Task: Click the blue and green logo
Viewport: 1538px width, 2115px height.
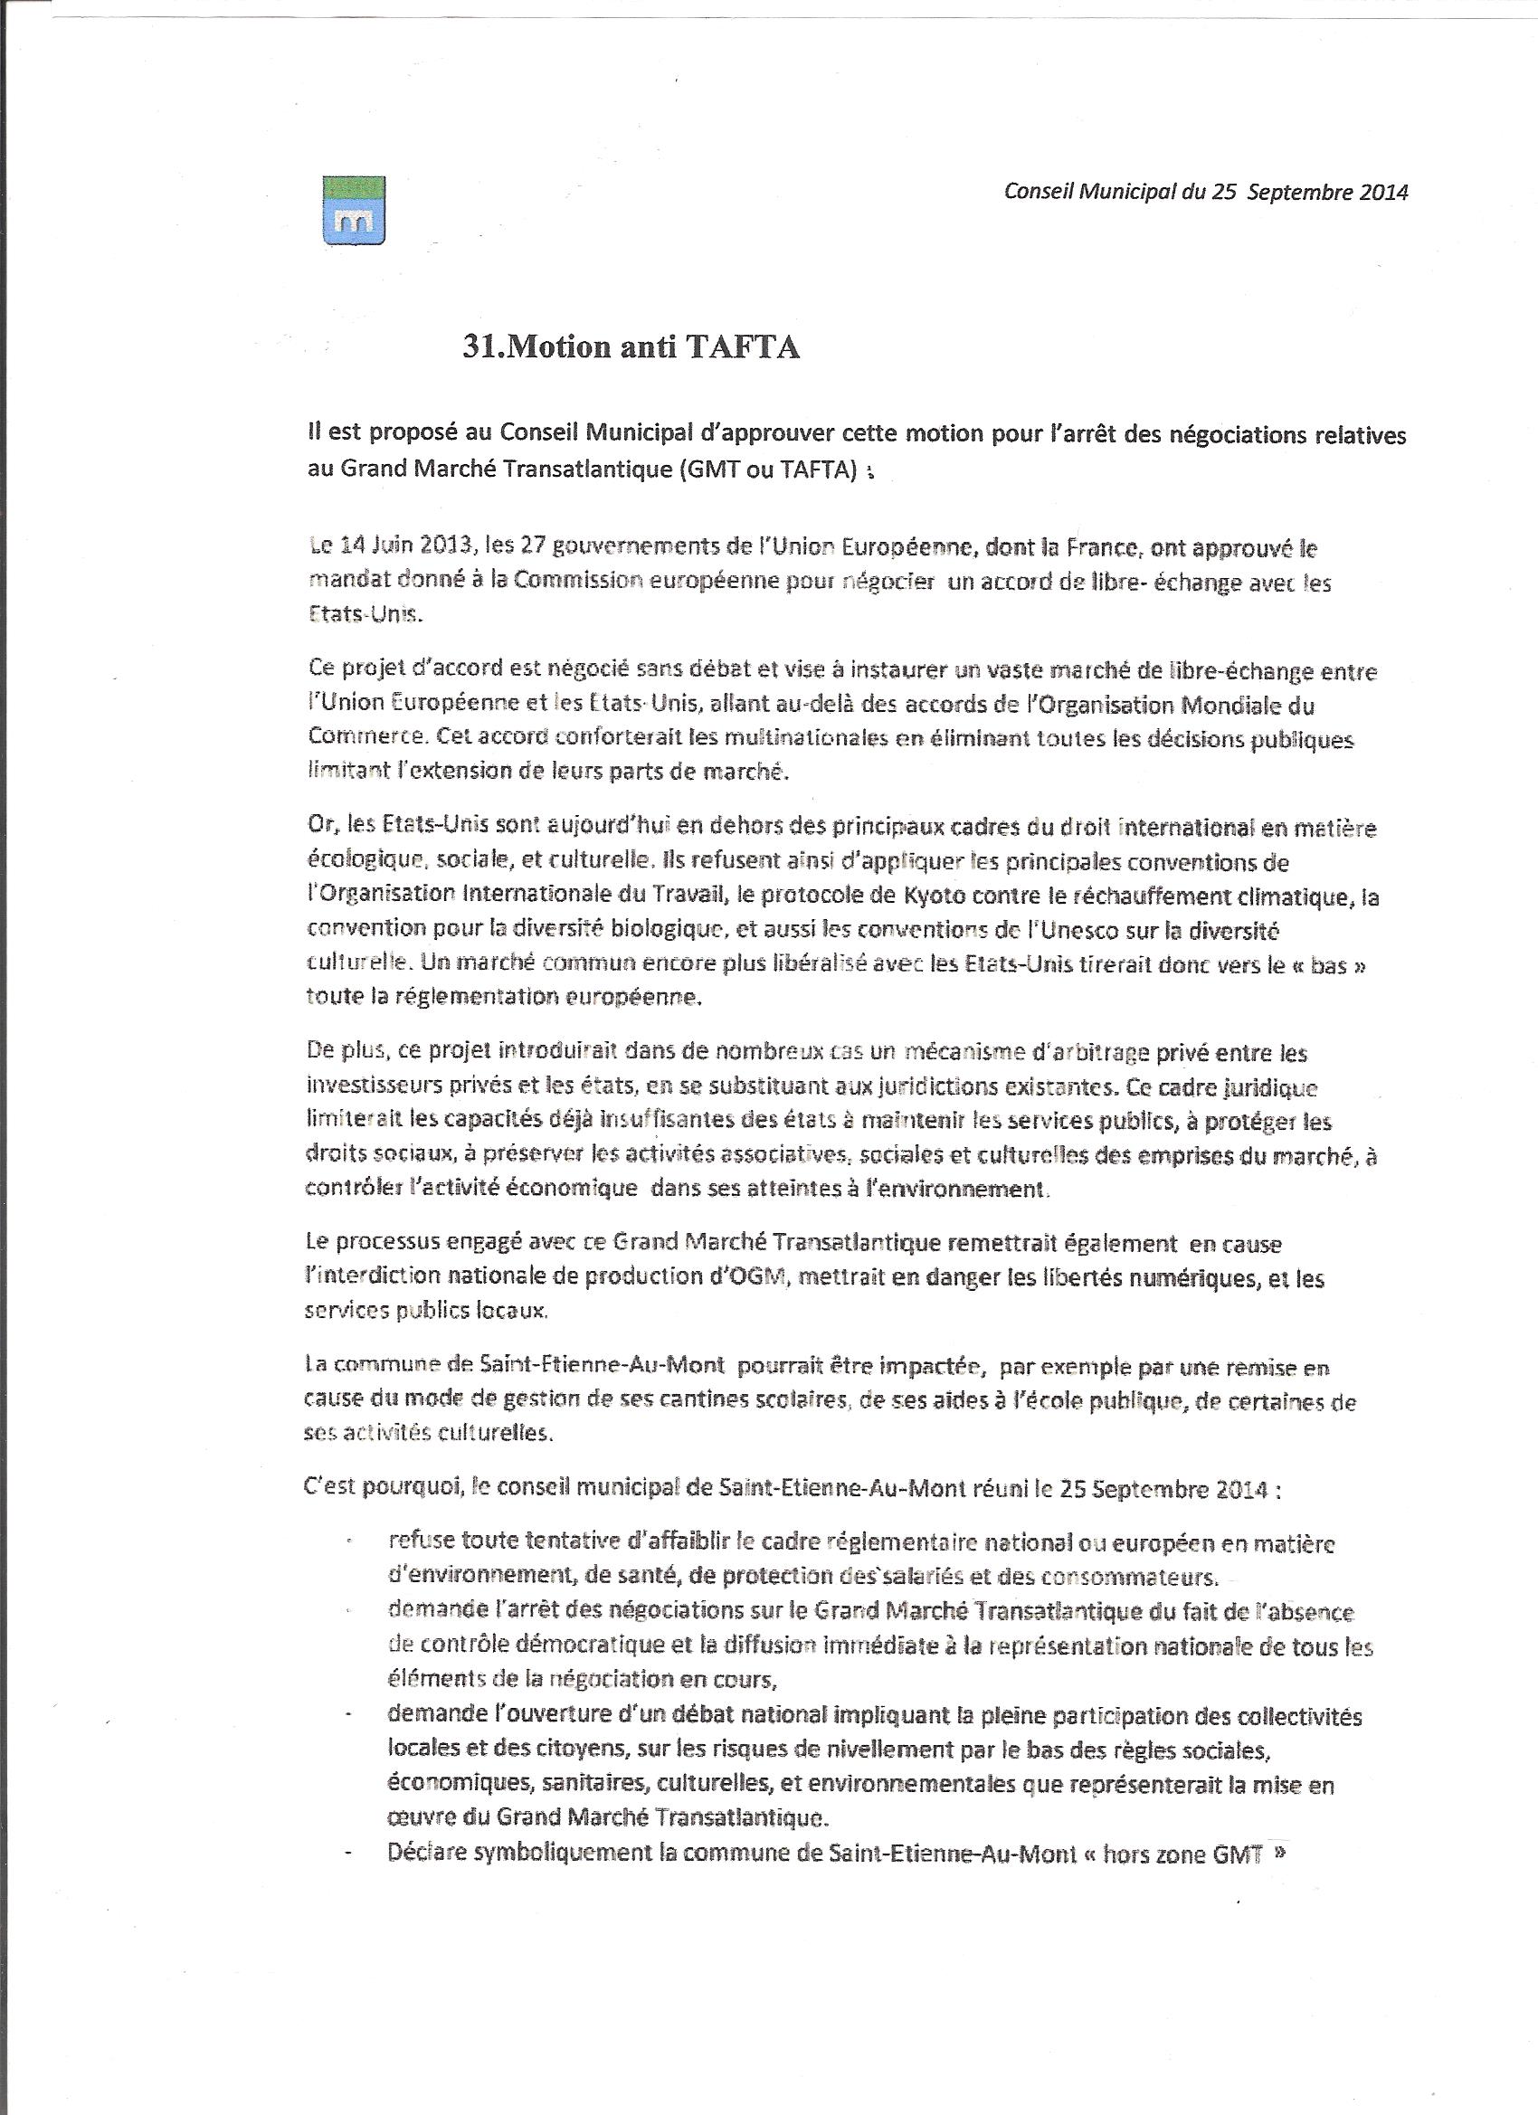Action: tap(354, 213)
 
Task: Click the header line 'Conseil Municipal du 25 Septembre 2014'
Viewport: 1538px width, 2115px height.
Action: tap(1205, 192)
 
